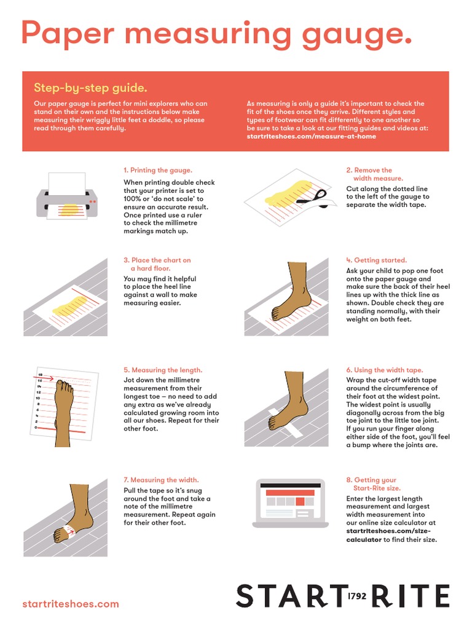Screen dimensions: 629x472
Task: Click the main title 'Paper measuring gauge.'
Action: click(216, 33)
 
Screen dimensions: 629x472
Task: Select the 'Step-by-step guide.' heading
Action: click(90, 88)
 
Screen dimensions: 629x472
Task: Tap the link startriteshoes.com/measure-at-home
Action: click(311, 136)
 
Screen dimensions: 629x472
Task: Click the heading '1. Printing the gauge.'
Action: click(158, 170)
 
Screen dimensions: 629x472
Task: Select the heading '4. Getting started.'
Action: click(376, 260)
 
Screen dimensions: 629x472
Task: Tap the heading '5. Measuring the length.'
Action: click(163, 370)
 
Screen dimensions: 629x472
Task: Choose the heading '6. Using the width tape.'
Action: click(385, 370)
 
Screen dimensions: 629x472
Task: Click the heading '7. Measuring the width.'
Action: click(161, 480)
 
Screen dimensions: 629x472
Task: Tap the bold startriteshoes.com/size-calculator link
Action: click(388, 535)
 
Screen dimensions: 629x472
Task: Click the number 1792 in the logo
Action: click(357, 596)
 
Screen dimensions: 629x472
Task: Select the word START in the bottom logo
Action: click(289, 596)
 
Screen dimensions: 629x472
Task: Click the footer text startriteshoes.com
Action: click(70, 604)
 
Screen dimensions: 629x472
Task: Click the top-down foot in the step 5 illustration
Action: click(63, 408)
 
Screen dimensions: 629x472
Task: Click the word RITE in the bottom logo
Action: click(409, 596)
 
